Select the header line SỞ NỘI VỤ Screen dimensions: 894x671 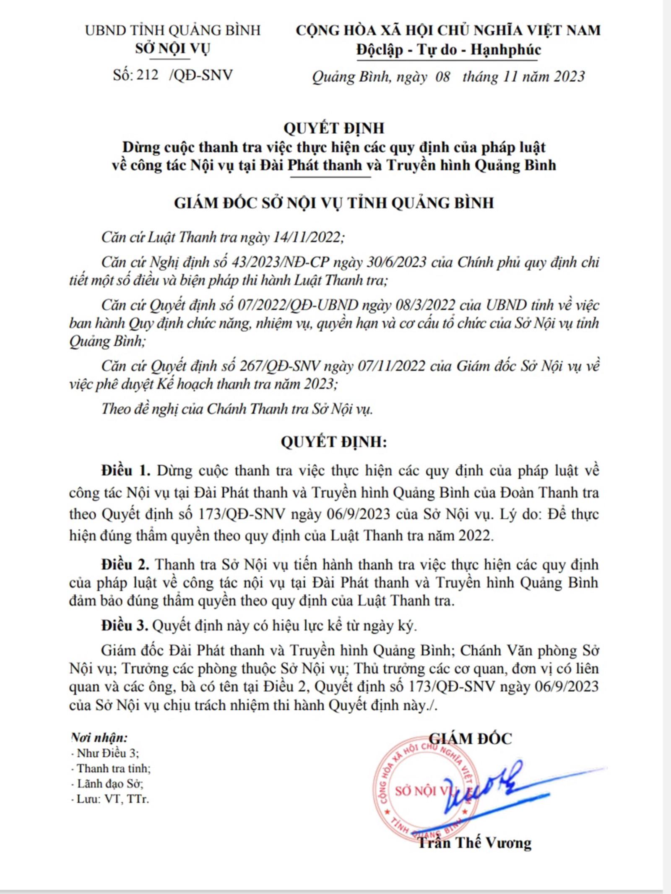[x=172, y=49]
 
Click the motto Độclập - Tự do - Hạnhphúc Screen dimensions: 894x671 [x=448, y=50]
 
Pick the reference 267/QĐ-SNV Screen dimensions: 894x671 [x=280, y=366]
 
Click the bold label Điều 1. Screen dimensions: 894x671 [x=125, y=471]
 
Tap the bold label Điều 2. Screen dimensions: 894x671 [x=125, y=565]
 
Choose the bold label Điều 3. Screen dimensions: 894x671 [x=125, y=626]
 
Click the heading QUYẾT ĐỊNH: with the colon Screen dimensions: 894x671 [x=333, y=442]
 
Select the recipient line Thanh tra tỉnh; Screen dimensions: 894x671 [x=113, y=769]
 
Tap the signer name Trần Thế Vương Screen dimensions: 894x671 [x=475, y=843]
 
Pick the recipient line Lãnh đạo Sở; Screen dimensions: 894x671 [x=110, y=784]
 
